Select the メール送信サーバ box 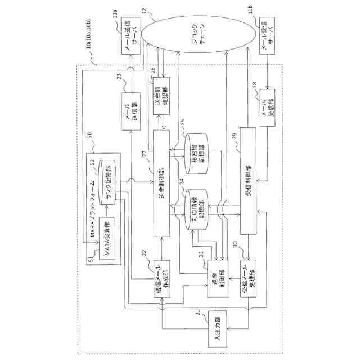(131, 41)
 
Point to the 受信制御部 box (249, 180)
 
